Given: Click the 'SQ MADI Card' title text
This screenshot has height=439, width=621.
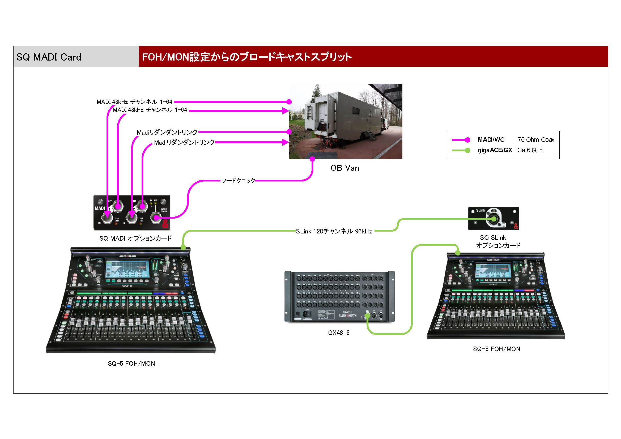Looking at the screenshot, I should (49, 57).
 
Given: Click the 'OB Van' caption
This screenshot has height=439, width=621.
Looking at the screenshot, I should (344, 168).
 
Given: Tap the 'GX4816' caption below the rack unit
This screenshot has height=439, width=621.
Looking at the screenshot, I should (339, 333).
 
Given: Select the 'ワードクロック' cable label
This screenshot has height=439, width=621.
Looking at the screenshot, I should (238, 181).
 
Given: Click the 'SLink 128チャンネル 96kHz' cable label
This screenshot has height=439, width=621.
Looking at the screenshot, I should (334, 231).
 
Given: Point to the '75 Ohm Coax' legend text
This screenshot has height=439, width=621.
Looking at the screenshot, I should (535, 140).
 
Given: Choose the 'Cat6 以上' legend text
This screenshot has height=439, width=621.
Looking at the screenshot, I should (530, 150).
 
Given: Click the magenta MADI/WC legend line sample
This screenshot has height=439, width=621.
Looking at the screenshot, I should (461, 140).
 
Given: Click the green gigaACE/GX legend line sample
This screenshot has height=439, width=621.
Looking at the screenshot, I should (461, 150).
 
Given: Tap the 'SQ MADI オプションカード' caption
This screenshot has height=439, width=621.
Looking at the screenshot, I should (135, 238).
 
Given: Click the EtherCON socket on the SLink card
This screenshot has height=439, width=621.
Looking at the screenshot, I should (494, 219).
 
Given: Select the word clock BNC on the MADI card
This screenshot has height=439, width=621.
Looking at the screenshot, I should (156, 218).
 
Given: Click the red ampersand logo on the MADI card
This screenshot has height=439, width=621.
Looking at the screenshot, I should (165, 224).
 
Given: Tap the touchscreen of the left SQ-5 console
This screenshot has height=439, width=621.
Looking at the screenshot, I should (127, 269).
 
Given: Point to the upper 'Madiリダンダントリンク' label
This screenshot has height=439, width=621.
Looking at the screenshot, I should (167, 132).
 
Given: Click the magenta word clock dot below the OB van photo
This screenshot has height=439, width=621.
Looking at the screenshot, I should (312, 159).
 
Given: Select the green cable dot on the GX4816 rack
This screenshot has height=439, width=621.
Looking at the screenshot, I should (367, 316).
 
